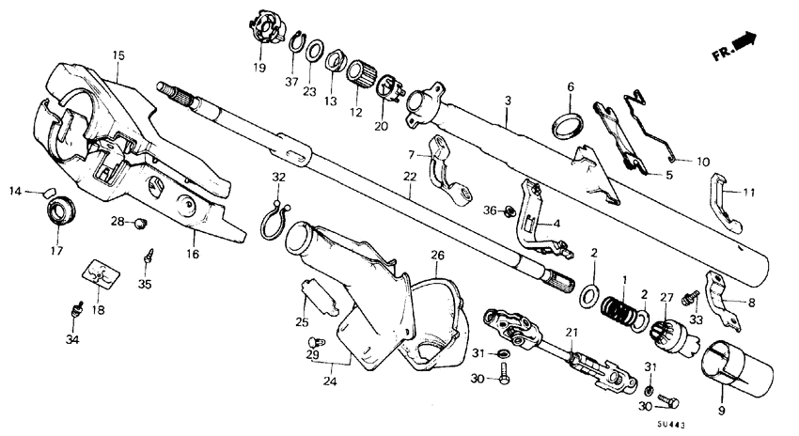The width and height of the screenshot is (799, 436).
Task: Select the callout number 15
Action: [x=118, y=55]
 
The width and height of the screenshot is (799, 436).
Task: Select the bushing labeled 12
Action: [x=362, y=72]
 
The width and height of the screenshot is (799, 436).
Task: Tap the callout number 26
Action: [x=437, y=255]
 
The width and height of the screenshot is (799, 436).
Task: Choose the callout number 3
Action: [x=507, y=100]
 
